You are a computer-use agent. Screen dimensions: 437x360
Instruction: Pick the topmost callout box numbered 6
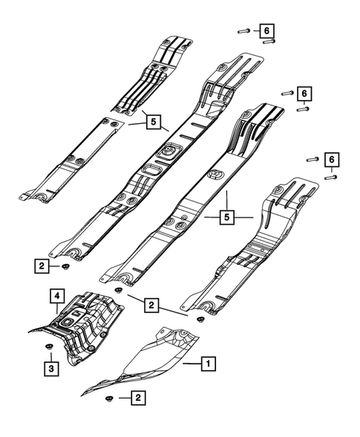point(265,30)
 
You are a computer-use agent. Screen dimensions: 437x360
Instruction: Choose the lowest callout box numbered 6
point(332,160)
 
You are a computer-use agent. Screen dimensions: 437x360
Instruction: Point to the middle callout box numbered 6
point(304,93)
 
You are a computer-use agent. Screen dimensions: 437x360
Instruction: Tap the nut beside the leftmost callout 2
point(66,265)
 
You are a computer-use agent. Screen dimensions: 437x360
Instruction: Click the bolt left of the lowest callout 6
point(311,159)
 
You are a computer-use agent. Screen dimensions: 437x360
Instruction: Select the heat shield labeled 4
point(85,323)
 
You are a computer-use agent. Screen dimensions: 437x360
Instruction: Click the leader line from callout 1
point(192,364)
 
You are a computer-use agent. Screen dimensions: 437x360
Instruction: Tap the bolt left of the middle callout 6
point(287,93)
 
